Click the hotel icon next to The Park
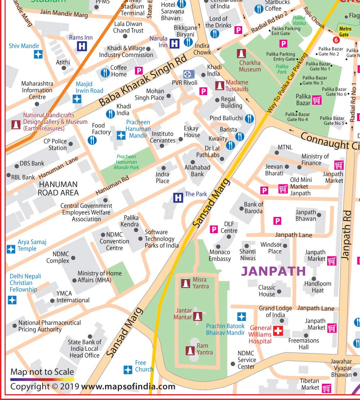[x=178, y=197]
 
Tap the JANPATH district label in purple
[x=273, y=271]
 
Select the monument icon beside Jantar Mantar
[x=197, y=316]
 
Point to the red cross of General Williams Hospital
[x=278, y=331]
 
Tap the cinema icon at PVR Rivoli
[x=188, y=74]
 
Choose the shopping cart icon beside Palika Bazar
[x=317, y=100]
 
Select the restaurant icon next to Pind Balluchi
[x=249, y=118]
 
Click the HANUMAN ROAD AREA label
[x=58, y=188]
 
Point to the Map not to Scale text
[x=42, y=372]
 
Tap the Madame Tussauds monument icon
[x=219, y=86]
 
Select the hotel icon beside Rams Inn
[x=82, y=46]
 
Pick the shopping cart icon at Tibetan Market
[x=326, y=388]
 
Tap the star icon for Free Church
[x=128, y=370]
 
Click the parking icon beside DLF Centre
[x=214, y=229]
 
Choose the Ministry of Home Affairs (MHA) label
[x=99, y=277]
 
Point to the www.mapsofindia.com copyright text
[x=128, y=387]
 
